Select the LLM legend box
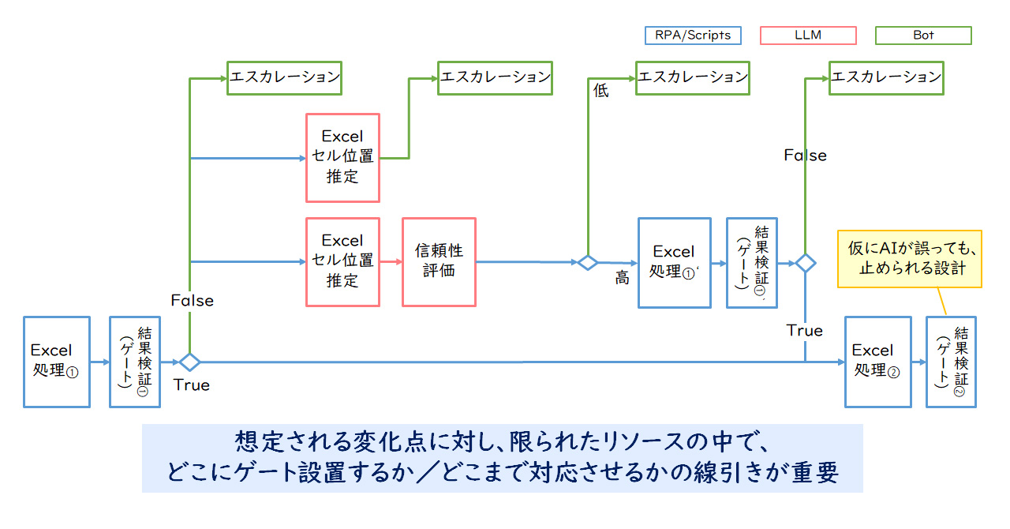(807, 36)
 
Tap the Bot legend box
(923, 36)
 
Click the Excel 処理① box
(57, 362)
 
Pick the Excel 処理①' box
(673, 263)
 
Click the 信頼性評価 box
(439, 262)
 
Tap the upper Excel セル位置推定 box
(342, 157)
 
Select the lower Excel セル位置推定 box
(342, 262)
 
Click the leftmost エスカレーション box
(284, 77)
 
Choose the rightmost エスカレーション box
(886, 77)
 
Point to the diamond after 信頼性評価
(587, 262)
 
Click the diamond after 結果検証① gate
(189, 362)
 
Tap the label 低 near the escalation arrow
(601, 91)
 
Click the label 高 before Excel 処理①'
(623, 278)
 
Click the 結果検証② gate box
(951, 362)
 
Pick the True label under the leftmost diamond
(192, 385)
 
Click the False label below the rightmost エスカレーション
(805, 156)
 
